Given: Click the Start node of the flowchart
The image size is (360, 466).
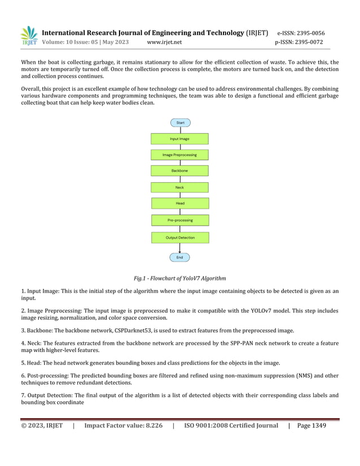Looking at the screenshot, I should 180,122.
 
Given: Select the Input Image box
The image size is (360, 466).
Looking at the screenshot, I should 179,139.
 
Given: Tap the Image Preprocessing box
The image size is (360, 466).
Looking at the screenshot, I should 179,155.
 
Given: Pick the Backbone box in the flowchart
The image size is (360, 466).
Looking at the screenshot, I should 179,170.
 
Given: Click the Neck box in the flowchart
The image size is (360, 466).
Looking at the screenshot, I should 179,187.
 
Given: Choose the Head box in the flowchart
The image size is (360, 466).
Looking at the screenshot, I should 179,203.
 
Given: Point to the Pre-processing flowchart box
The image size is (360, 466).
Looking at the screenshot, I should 179,220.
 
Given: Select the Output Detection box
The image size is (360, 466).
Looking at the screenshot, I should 179,238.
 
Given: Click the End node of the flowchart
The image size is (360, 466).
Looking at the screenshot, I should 179,257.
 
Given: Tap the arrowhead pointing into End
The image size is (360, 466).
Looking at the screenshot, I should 179,251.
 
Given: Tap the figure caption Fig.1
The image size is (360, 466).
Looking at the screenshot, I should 179,278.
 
